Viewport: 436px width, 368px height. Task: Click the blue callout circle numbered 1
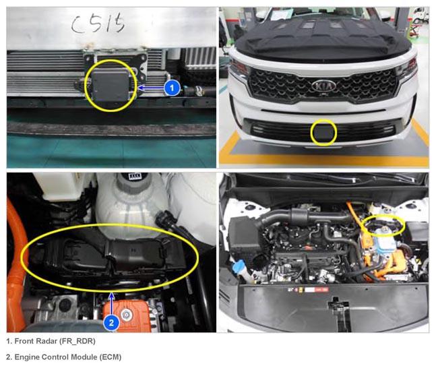tap(172, 88)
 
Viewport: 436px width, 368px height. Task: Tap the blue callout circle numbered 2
tap(111, 323)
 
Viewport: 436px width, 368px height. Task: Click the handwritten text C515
tap(98, 24)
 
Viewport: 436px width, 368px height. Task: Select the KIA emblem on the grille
tap(323, 86)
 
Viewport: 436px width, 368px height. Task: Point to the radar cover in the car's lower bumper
tap(323, 132)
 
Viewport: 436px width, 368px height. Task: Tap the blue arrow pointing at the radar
tap(151, 88)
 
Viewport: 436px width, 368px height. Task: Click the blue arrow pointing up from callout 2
tap(111, 304)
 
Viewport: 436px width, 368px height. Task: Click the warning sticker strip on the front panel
tap(308, 290)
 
